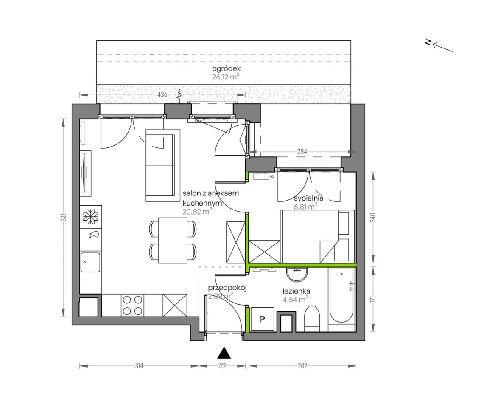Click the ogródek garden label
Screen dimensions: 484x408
[x=226, y=69]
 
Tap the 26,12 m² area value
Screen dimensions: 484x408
[x=226, y=77]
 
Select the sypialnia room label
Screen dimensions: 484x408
[x=308, y=198]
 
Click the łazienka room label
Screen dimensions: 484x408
[x=296, y=291]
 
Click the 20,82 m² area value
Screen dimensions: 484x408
[x=197, y=212]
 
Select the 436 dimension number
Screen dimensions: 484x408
[x=162, y=95]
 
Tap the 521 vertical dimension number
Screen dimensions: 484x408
[x=64, y=218]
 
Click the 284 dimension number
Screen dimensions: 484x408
[x=302, y=152]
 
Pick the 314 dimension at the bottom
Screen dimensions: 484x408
[x=139, y=366]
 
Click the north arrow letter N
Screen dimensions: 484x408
[x=428, y=42]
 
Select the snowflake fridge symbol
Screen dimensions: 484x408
[x=90, y=216]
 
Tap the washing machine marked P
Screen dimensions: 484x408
[x=262, y=319]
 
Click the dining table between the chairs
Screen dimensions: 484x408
[x=173, y=241]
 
